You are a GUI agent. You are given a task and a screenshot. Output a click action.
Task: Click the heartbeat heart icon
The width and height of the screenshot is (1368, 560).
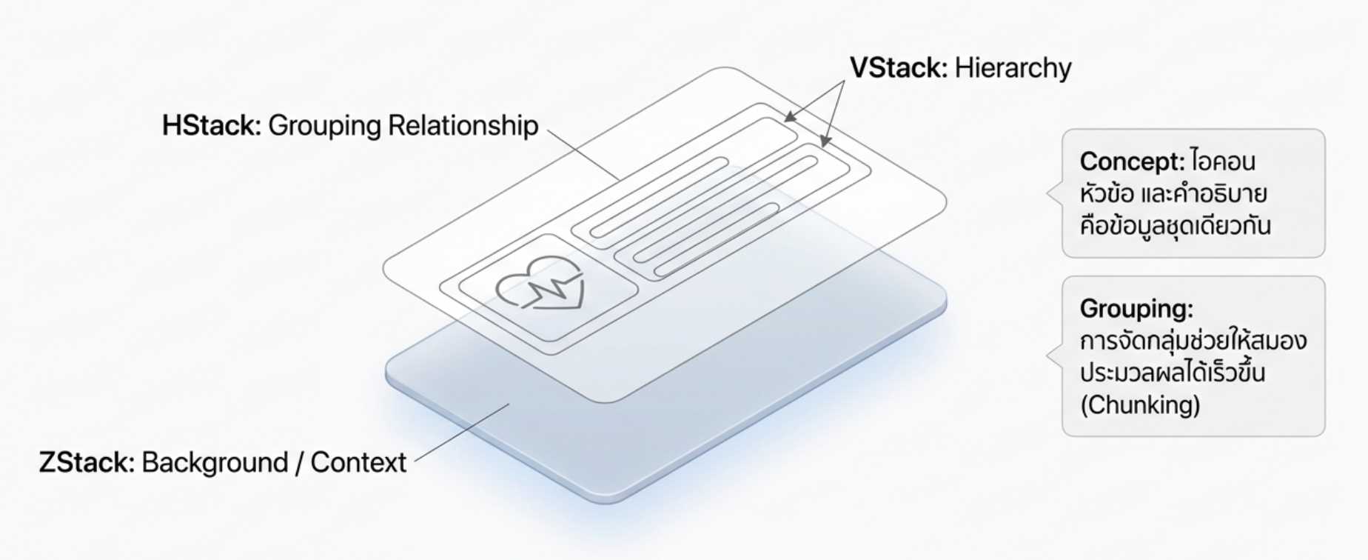[x=540, y=284]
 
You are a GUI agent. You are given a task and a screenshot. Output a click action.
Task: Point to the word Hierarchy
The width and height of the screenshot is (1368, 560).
[x=1013, y=68]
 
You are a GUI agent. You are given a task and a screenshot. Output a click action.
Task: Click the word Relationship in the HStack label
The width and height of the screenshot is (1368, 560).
[x=463, y=126]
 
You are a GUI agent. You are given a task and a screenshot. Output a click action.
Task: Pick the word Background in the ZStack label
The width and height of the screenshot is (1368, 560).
[x=214, y=462]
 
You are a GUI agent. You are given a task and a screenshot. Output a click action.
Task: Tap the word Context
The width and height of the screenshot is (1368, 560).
[x=358, y=462]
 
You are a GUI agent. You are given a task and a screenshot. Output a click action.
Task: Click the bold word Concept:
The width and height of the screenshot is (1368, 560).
[x=1132, y=161]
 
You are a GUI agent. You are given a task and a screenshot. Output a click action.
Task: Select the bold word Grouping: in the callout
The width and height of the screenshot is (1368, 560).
[x=1136, y=308]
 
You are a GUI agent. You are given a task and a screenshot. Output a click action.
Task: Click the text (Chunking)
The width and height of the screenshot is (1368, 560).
[x=1140, y=405]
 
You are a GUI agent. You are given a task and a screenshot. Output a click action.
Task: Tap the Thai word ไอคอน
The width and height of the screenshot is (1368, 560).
[x=1224, y=161]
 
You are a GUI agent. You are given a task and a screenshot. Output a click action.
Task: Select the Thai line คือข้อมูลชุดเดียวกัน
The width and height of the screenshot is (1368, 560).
[x=1175, y=225]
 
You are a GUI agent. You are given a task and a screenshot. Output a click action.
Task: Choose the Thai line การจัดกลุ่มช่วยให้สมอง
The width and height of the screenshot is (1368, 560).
[x=1193, y=341]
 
